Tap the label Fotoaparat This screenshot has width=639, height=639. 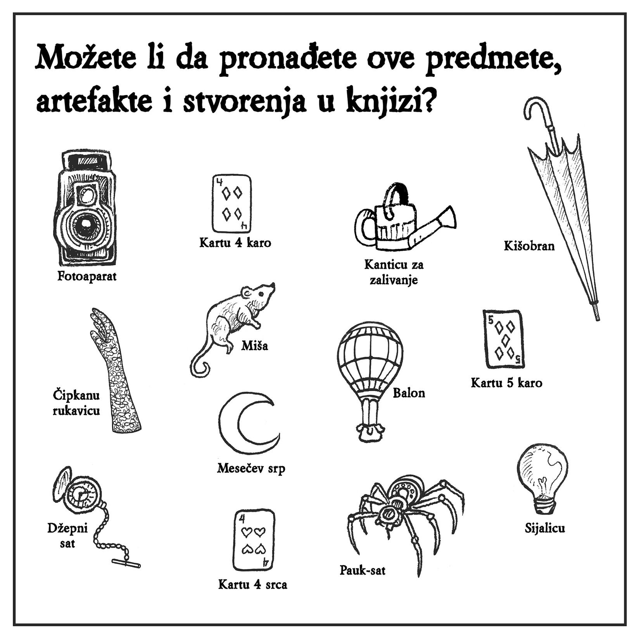(x=87, y=276)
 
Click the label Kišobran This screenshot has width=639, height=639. (x=529, y=246)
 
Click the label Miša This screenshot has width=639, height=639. (x=254, y=345)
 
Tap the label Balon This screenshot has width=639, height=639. (x=409, y=393)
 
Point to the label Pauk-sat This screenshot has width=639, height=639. (x=363, y=570)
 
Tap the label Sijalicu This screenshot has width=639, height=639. (x=545, y=528)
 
